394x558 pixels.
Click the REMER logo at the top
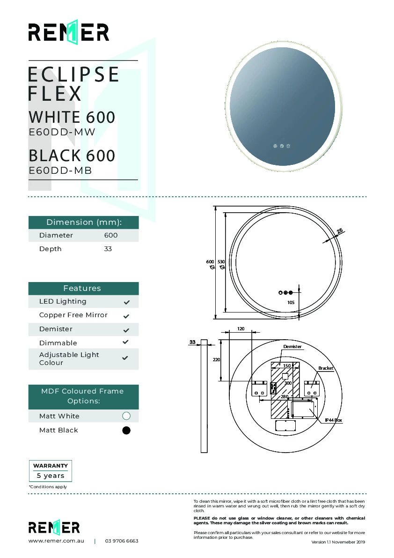[69, 32]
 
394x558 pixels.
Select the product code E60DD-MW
[62, 133]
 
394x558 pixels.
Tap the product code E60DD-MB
[60, 171]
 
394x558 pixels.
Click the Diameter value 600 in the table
[111, 235]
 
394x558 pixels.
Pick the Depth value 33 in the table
[108, 249]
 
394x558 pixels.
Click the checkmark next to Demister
[126, 330]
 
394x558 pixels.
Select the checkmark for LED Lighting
[126, 302]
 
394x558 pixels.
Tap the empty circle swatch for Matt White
[126, 416]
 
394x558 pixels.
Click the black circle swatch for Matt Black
[126, 431]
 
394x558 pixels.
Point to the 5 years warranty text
[51, 476]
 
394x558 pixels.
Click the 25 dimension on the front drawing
[340, 231]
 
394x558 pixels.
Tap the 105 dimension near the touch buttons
[291, 303]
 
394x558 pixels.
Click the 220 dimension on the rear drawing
[216, 360]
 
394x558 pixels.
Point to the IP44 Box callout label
[334, 420]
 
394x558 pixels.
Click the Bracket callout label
[326, 368]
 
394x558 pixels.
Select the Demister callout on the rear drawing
[292, 347]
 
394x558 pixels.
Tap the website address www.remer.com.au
[56, 541]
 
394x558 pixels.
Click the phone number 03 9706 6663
[122, 541]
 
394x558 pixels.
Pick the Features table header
[83, 288]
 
